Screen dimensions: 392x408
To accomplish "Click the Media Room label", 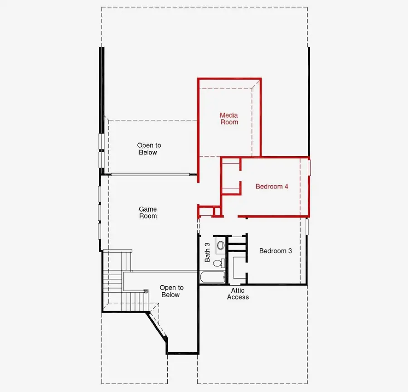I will [x=229, y=119].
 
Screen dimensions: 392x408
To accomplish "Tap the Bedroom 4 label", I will [x=272, y=186].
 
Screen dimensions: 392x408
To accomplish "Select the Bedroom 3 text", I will [x=276, y=251].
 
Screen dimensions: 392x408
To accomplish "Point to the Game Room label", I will [x=148, y=213].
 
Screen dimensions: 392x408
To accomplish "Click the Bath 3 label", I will [x=207, y=252].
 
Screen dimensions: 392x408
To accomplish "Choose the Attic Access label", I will [x=238, y=294].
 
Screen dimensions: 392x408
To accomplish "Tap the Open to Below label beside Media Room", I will [x=149, y=149].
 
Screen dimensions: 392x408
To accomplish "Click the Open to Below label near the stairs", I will [x=171, y=291].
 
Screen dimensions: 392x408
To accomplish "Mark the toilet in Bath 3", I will [x=218, y=263].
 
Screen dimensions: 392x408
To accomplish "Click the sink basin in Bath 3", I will [x=221, y=245].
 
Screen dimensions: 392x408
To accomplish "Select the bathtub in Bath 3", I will [x=212, y=277].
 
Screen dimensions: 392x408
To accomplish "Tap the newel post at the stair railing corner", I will [x=146, y=291].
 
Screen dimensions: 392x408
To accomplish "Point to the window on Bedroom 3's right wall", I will [x=307, y=225].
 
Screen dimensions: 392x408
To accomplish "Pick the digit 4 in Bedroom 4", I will [x=287, y=186].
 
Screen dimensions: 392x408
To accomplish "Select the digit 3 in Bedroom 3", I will [x=290, y=251].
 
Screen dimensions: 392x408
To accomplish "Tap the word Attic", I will [x=238, y=291].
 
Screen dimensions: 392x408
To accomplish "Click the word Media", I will [x=229, y=115].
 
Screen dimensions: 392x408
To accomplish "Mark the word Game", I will [x=148, y=209].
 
